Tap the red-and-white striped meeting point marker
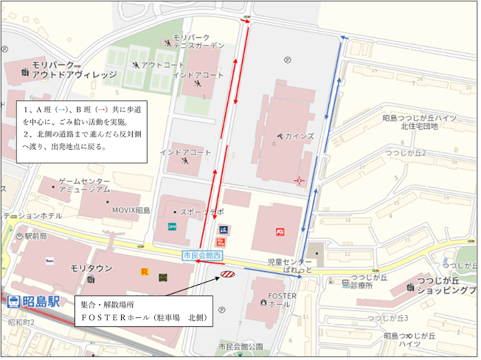(x=227, y=275)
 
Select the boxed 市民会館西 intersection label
(x=202, y=255)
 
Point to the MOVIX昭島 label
(x=131, y=210)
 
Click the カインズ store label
(x=299, y=136)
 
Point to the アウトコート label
(x=162, y=64)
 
